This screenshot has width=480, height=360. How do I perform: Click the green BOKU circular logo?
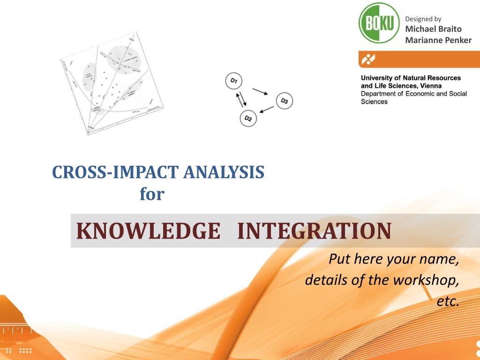tap(379, 23)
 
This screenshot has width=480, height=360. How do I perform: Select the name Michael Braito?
tap(433, 30)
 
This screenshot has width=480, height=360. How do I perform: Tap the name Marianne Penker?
tap(438, 40)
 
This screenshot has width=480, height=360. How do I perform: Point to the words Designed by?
tap(423, 19)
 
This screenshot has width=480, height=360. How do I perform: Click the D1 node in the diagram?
tap(233, 81)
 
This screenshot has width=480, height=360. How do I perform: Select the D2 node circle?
tap(248, 119)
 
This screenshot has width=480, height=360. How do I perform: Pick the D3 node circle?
tap(284, 100)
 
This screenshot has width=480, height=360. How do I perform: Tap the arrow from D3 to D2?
tap(266, 110)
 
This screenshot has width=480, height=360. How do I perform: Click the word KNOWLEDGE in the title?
tap(148, 231)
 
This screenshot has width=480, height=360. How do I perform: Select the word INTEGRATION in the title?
tap(314, 231)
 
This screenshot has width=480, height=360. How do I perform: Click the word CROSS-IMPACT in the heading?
tap(116, 172)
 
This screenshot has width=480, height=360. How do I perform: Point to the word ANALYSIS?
tap(224, 172)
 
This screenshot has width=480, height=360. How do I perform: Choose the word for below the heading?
tap(152, 194)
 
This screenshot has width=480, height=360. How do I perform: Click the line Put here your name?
tap(393, 259)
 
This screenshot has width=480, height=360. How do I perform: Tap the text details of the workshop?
tap(382, 280)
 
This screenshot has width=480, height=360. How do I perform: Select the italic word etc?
tap(448, 301)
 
